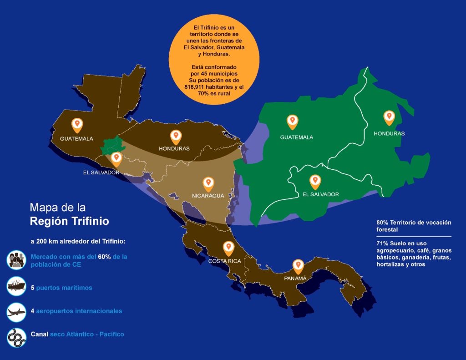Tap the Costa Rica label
[224, 261]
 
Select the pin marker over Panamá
[298, 265]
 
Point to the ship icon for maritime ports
[16, 287]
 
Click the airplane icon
[16, 312]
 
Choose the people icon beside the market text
[16, 259]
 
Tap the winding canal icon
[16, 337]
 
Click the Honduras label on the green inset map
[389, 133]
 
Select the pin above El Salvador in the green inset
[314, 182]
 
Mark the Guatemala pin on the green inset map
[292, 122]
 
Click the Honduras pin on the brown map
[176, 136]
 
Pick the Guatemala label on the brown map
[76, 138]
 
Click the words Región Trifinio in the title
[69, 222]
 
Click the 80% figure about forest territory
[382, 223]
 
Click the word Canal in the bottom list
[39, 334]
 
